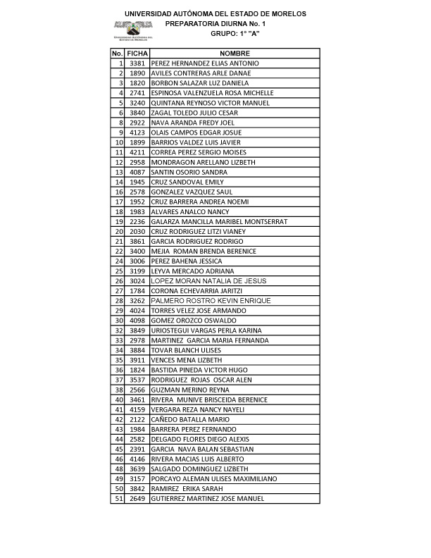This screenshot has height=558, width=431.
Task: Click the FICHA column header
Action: pos(137,54)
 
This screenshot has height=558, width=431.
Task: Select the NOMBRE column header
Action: pos(235,54)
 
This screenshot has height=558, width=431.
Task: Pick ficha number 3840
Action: pos(137,113)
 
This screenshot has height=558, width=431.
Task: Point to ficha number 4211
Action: pos(137,152)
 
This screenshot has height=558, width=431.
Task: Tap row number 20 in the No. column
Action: pos(120,231)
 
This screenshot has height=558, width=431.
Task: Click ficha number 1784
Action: pos(137,290)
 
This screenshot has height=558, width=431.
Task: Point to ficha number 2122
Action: pos(137,419)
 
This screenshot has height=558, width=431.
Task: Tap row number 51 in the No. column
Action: pos(120,498)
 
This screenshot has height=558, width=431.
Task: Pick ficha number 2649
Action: pos(137,498)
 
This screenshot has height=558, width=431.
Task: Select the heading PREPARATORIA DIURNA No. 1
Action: pos(216,23)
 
